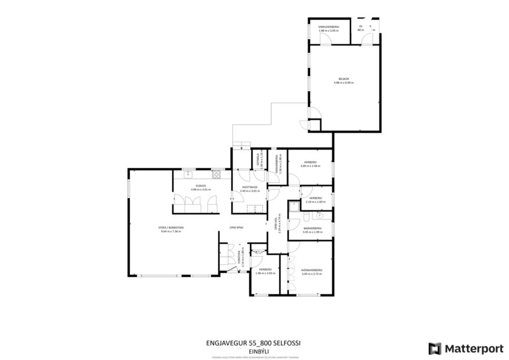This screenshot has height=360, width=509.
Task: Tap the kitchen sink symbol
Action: point(188,174)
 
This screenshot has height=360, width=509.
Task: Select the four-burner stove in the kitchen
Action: point(216,174)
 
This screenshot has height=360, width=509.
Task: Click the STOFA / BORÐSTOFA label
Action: point(171,228)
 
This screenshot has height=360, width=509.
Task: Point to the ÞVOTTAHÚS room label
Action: point(249,186)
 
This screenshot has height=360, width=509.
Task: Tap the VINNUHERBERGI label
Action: point(328,27)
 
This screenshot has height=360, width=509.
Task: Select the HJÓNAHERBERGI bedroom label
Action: point(312,270)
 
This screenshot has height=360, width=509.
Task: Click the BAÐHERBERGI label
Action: point(312,228)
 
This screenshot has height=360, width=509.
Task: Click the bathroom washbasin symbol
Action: point(318,217)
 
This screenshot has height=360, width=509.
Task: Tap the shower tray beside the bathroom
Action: point(294,204)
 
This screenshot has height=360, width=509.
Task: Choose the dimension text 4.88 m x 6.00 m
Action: point(344,83)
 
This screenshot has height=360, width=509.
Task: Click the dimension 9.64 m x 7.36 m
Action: point(171,232)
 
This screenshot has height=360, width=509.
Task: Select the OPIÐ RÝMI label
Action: point(236,227)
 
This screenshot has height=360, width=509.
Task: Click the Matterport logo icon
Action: point(435,348)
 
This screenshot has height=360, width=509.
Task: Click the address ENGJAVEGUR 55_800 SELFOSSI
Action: point(255,343)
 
